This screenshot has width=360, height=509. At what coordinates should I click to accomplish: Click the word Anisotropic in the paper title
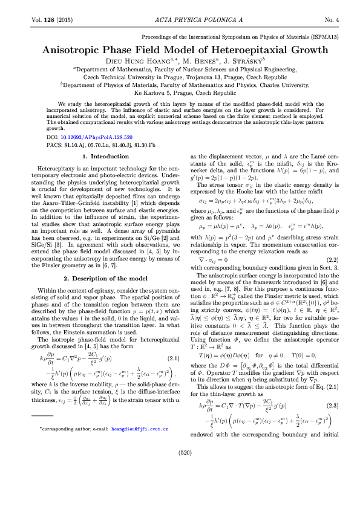[x=73, y=51]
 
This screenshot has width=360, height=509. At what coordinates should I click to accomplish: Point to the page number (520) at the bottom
[x=180, y=486]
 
